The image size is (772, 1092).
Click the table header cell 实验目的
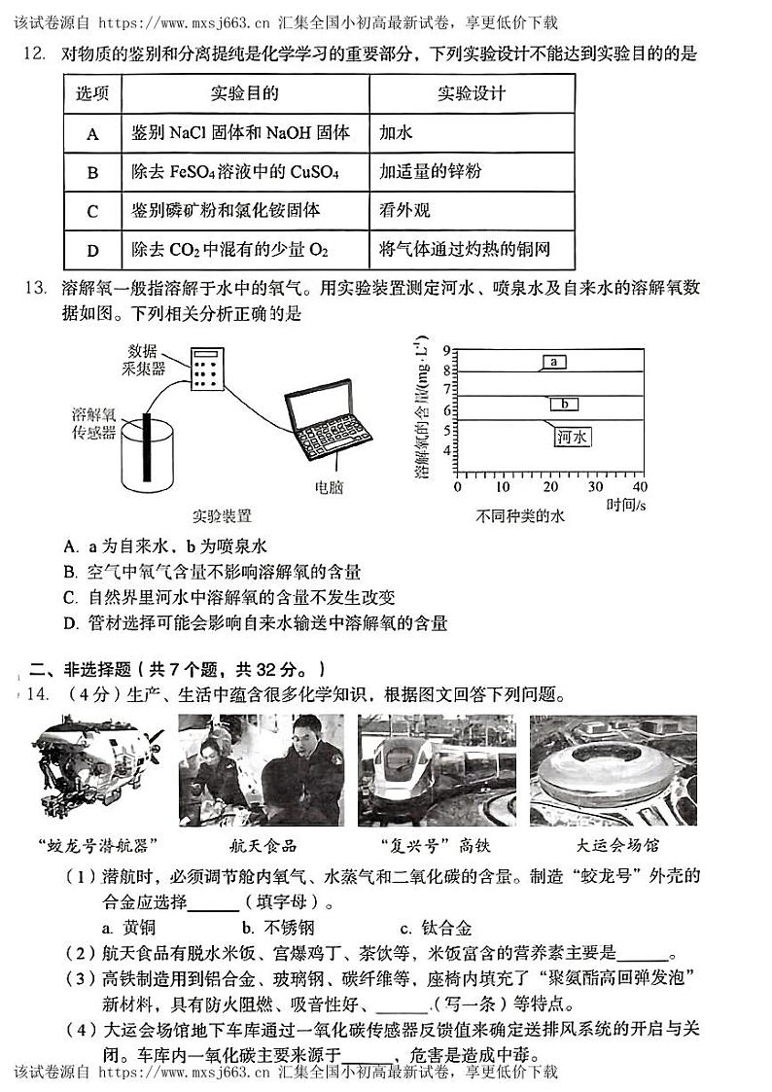coord(244,93)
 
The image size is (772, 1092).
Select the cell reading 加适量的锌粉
coord(431,172)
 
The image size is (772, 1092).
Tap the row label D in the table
coord(92,251)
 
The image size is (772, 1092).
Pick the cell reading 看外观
coord(404,211)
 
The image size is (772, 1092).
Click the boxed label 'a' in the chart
coord(553,362)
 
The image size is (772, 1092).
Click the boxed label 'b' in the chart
coord(565,404)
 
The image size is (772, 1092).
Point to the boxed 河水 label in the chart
coord(573,438)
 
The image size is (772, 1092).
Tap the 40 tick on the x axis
coord(639,486)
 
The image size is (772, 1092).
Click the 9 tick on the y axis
coord(447,350)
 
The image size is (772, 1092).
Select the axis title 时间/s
coord(627,505)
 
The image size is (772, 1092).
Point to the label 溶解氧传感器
coord(93,422)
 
